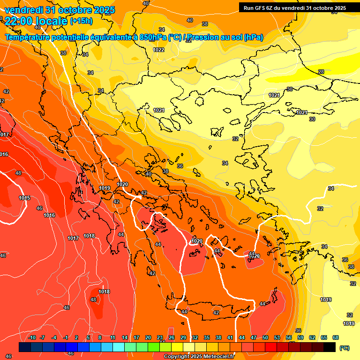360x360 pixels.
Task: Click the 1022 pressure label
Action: coord(158,50)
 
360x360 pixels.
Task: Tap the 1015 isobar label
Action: coord(24,198)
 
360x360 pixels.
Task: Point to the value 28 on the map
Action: coord(321,72)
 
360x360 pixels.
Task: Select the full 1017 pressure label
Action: coord(73,239)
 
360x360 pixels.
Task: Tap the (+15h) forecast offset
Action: coord(81,21)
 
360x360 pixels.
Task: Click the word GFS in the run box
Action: coord(262,8)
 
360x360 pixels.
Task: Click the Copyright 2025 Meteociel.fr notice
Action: coord(199,357)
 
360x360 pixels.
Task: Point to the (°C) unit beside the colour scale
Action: coord(344,348)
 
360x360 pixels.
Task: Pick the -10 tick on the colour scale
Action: coord(32,338)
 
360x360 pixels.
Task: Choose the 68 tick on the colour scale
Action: coord(336,338)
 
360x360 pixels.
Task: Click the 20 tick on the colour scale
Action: coord(148,338)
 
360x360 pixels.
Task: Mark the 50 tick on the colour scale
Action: coord(265,338)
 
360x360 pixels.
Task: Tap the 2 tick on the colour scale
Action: coord(76,338)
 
